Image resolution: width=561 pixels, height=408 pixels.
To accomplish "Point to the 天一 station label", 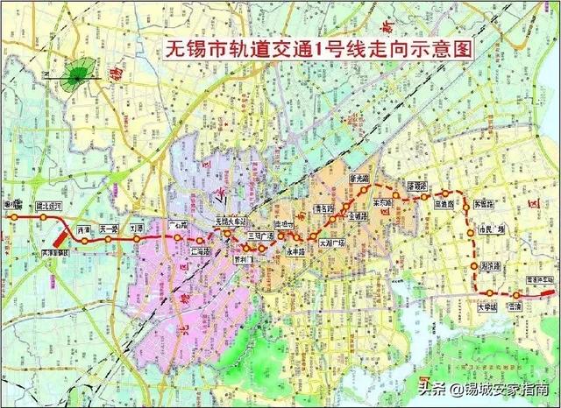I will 109,228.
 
